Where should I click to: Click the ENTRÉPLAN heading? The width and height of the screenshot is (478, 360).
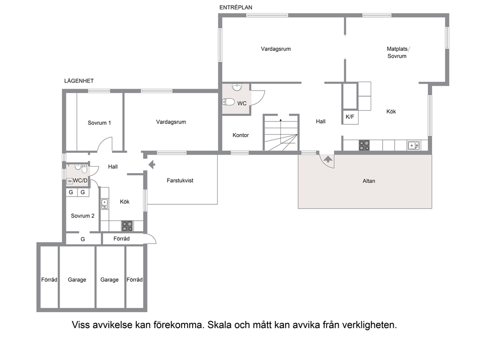coord(236,8)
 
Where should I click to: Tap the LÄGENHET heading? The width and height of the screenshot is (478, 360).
coord(79,81)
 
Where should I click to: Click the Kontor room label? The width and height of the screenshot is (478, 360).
coord(240,135)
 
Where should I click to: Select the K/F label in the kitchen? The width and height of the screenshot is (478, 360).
coord(350,117)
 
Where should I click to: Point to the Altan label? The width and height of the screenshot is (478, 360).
coord(369,181)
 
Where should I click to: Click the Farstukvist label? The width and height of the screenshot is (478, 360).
coord(180,180)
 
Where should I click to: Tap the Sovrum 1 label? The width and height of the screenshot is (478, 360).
coord(99,123)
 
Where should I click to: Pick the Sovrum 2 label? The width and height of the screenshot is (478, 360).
coord(82,216)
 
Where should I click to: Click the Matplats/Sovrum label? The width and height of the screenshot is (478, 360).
coord(398,52)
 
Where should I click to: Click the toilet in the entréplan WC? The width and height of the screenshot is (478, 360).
coord(228,102)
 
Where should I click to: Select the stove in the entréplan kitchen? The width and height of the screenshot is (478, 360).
coord(364,145)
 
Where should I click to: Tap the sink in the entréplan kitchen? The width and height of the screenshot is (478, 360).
coord(413,146)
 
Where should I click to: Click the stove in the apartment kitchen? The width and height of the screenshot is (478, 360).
coord(127,226)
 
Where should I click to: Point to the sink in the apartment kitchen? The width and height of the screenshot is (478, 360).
coord(105,204)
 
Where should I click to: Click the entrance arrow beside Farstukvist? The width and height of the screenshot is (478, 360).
coord(152,165)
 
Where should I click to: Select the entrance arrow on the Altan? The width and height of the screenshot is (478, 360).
coord(328,159)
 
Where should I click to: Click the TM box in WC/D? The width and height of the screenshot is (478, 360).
coord(69,181)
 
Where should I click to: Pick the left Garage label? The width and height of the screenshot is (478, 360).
coord(77,280)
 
